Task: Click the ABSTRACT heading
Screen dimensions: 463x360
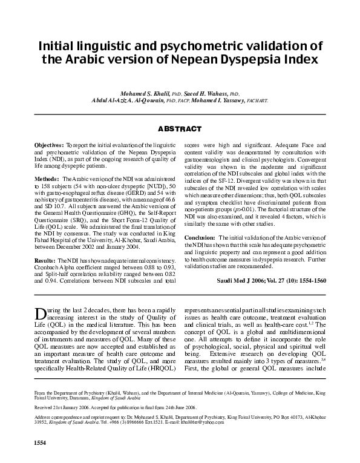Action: click(x=180, y=129)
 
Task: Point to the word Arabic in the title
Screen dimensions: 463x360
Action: click(x=135, y=60)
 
